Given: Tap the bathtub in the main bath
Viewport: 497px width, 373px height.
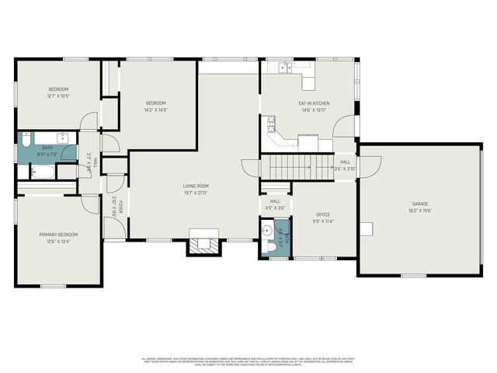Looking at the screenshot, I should pos(39,172).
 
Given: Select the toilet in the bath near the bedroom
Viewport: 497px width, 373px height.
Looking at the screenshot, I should pos(26,142).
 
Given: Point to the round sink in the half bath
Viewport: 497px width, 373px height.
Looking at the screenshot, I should pos(268,229).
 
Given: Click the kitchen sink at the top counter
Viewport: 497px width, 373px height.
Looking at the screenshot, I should pos(285,68).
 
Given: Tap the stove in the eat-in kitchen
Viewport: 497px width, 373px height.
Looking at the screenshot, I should pos(272,122).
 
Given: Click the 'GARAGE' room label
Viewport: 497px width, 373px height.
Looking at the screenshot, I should pos(420,204).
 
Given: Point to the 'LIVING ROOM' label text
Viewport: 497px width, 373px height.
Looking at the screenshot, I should pos(196,185).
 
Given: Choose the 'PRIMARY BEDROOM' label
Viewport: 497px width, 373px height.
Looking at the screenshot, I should pos(59,234).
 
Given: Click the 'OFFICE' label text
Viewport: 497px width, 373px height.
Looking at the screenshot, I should pos(323,214).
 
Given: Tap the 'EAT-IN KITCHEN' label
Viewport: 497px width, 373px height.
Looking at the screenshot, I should pos(315,103).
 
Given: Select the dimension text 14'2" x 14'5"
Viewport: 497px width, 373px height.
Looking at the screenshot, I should pos(156,110).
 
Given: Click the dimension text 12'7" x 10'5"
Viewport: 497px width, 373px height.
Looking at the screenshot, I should pos(58,96).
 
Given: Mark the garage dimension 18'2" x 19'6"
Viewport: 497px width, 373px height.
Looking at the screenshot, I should pos(420,211).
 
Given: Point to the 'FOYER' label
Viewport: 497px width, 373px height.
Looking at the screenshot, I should pos(121,207).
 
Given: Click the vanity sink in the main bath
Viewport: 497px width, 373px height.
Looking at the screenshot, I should pos(63,141).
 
